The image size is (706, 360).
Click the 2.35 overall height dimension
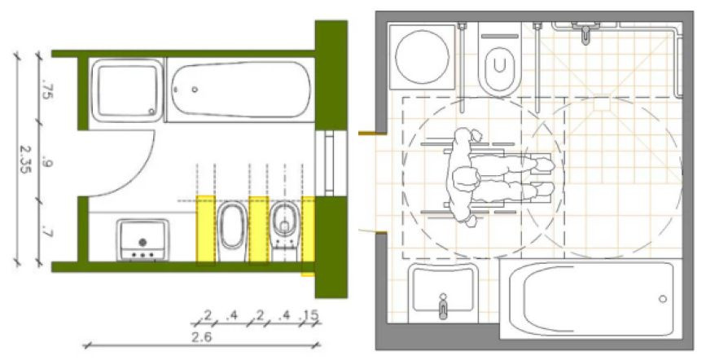(x=25, y=160)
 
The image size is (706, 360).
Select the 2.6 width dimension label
(x=201, y=337)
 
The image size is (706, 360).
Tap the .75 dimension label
(x=46, y=89)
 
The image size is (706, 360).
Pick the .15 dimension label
(x=309, y=315)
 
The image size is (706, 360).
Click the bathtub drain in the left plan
(x=195, y=90)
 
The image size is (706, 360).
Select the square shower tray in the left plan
(x=127, y=90)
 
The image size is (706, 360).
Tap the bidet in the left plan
(x=232, y=230)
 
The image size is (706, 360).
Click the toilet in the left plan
(x=284, y=230)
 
